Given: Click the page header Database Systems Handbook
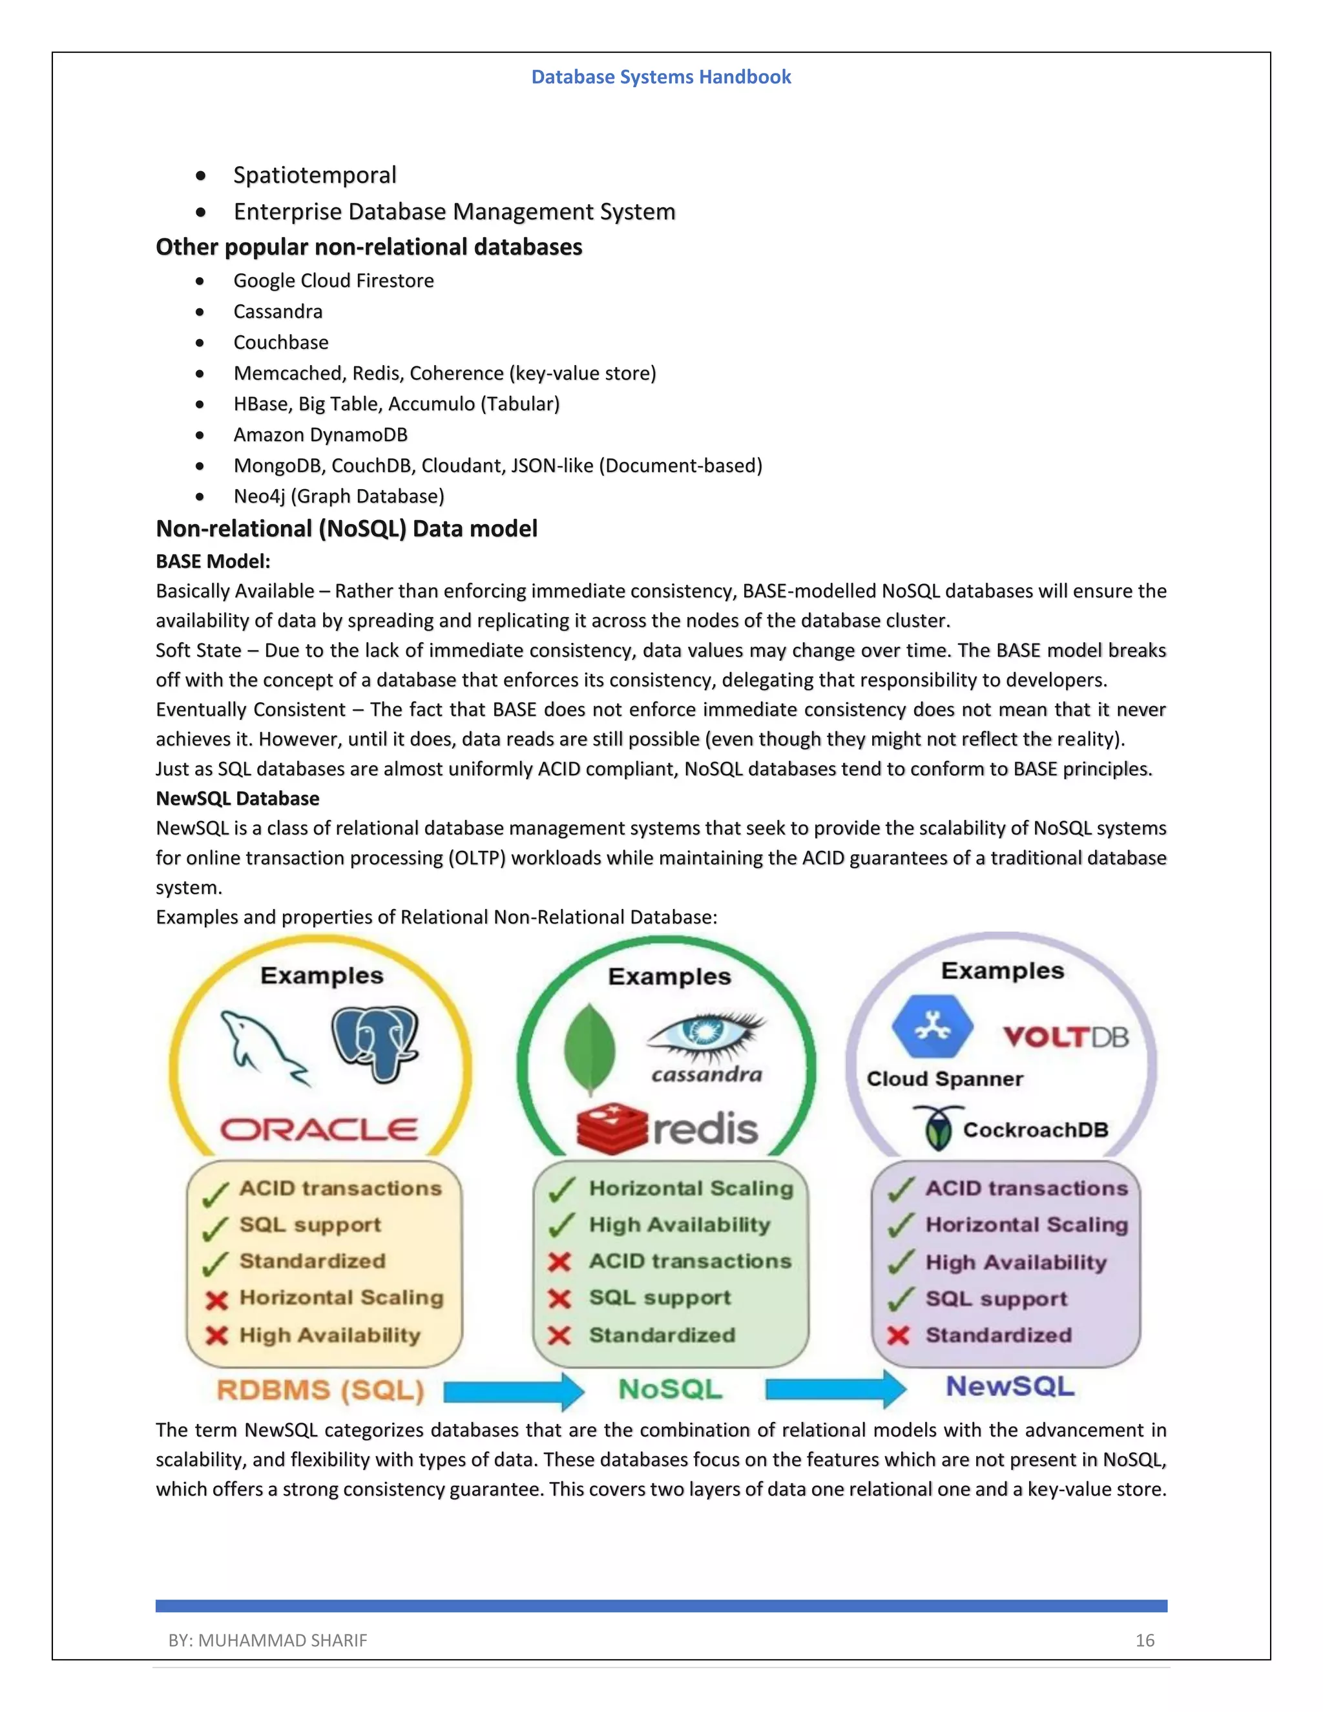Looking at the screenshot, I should click(x=661, y=77).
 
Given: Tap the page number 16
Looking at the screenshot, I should click(x=1144, y=1640).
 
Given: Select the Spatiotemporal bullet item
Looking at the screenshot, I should click(x=315, y=175).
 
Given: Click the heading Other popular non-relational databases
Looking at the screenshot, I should click(x=368, y=247).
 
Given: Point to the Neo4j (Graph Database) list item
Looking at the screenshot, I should click(x=339, y=496).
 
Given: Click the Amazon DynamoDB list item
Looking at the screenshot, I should click(x=320, y=434).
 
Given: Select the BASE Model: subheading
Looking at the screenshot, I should click(x=213, y=561).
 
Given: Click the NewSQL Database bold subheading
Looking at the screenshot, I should click(x=238, y=798).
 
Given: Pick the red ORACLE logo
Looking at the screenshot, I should click(x=319, y=1129).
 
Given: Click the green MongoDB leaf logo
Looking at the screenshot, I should click(x=589, y=1048).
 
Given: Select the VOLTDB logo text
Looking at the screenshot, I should click(x=1066, y=1037).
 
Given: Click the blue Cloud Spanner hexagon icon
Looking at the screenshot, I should click(x=932, y=1026).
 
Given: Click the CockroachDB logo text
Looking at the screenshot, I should click(x=1035, y=1129).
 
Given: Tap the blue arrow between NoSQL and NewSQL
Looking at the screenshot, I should click(x=835, y=1389).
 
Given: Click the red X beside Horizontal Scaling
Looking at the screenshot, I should click(x=216, y=1300).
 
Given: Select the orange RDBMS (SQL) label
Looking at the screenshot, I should click(x=320, y=1391).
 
